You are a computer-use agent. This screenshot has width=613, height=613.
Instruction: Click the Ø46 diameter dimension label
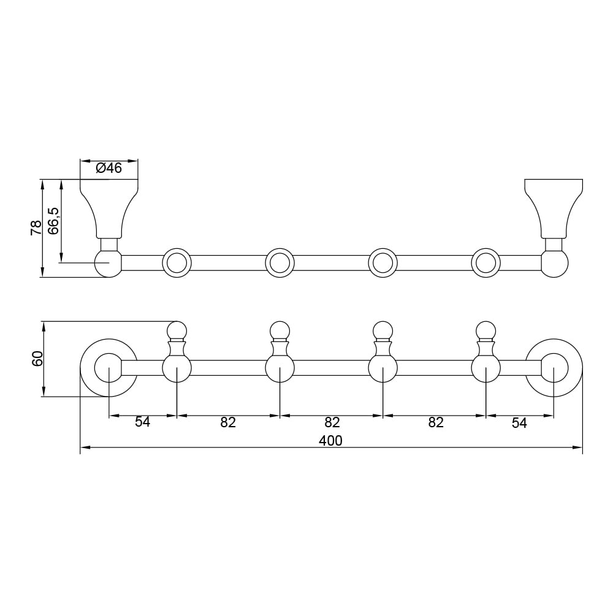click(x=109, y=168)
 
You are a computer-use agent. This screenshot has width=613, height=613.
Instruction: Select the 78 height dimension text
click(x=36, y=228)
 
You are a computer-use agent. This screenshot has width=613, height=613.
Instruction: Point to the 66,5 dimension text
click(x=53, y=221)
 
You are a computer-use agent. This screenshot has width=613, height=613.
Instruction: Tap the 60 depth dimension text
click(x=37, y=359)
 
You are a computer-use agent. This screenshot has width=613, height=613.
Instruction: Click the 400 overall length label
click(x=331, y=441)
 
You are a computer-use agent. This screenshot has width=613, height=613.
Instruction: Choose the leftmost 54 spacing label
click(x=143, y=422)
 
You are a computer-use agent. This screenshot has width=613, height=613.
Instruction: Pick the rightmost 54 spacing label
click(x=520, y=422)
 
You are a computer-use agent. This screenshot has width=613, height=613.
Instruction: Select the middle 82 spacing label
click(x=332, y=422)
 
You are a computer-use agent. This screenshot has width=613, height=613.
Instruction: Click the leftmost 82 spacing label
click(x=228, y=422)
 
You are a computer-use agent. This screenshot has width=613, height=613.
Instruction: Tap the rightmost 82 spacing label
click(x=436, y=422)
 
